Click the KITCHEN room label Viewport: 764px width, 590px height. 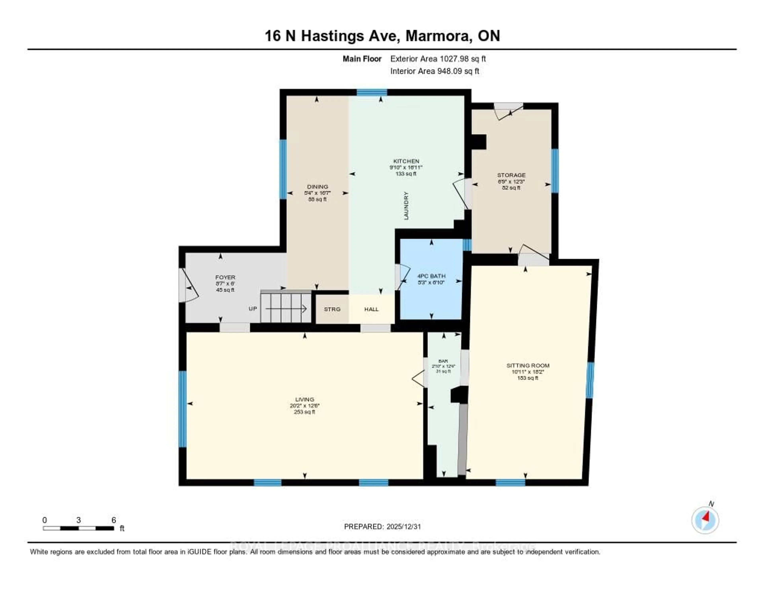[406, 161]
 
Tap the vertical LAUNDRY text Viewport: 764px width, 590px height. [406, 206]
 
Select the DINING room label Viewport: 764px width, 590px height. [317, 187]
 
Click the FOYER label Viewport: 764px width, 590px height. [225, 277]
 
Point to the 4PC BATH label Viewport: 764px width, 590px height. [431, 276]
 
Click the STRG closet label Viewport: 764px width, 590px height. [332, 309]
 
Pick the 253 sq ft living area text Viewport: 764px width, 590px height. [304, 412]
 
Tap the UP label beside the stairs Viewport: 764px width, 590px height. [252, 309]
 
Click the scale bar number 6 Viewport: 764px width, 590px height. [114, 520]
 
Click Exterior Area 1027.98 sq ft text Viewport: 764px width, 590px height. [438, 59]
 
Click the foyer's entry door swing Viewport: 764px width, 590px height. [189, 285]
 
